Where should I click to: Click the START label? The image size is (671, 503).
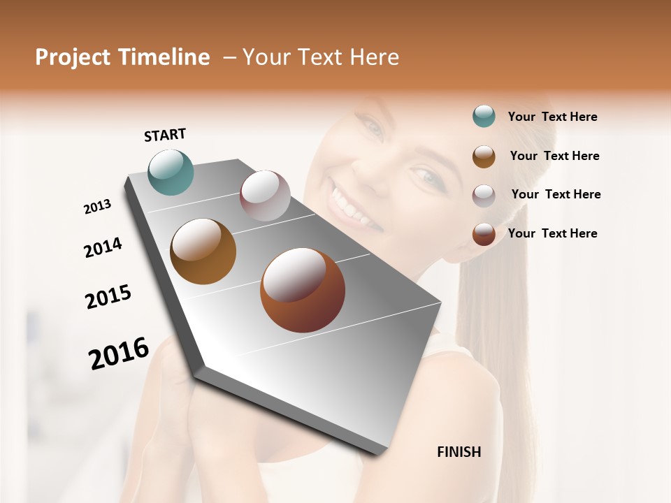[x=165, y=134]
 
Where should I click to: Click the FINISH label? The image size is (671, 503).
[x=459, y=452]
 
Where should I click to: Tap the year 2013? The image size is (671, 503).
[x=97, y=207]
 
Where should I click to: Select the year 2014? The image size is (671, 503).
[x=103, y=247]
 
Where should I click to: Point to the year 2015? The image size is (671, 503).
[x=108, y=297]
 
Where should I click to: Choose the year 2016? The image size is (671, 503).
[x=119, y=353]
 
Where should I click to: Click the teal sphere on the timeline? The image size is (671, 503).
[x=171, y=172]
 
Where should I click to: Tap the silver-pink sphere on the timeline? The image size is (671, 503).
[x=265, y=196]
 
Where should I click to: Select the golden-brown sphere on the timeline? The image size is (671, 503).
[x=203, y=251]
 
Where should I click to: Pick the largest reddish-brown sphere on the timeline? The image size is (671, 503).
[x=303, y=290]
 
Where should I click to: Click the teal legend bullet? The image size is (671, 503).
[x=484, y=117]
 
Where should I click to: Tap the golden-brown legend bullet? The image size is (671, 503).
[x=484, y=156]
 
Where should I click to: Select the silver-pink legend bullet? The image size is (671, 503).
[x=484, y=195]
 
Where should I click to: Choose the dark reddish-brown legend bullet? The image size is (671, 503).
[x=484, y=234]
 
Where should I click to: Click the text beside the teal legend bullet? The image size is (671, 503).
[x=552, y=117]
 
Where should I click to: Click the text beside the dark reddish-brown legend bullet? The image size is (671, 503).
[x=552, y=233]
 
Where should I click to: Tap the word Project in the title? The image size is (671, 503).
[x=72, y=57]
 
